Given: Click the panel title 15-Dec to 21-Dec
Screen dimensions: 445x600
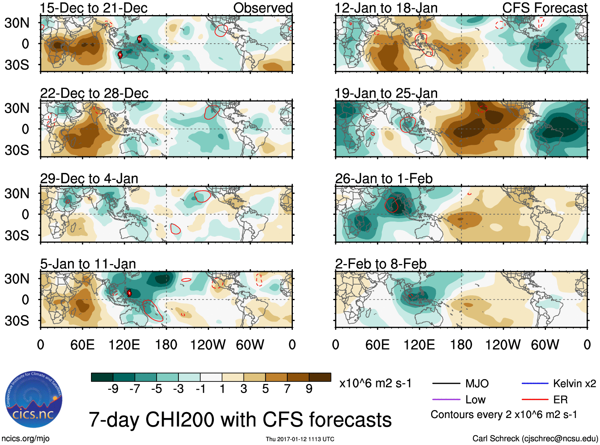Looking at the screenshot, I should point(94,8).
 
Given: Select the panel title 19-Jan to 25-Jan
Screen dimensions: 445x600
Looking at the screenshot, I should point(386,93).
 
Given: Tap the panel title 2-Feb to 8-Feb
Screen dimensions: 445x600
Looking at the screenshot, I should point(381,264).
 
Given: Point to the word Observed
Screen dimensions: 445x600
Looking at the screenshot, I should point(263,8).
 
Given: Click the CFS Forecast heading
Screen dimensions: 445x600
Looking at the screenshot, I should point(544,8).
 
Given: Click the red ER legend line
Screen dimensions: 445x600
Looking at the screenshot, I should point(535,399).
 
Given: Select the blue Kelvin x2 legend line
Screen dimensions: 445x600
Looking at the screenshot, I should point(535,383).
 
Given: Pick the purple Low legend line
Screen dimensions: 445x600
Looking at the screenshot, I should point(446,399).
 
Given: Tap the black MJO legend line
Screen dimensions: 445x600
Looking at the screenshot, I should point(446,383).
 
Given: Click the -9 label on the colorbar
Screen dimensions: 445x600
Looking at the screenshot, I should point(113,389).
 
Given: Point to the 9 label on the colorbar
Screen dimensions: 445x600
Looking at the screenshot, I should point(309,389).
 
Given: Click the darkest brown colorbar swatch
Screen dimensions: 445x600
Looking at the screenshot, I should point(320,377).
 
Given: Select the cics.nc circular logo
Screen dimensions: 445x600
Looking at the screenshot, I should point(34,400).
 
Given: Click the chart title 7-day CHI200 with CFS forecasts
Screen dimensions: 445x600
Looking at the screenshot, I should point(240,420).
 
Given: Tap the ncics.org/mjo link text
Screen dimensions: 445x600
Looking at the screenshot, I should point(25,439).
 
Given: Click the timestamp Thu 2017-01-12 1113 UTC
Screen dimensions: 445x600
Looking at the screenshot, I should point(300,439).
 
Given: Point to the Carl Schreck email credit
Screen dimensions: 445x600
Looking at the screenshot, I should point(535,439).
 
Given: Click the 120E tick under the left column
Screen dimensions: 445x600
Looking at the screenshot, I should point(124,345).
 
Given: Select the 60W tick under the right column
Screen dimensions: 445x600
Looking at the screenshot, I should point(545,345).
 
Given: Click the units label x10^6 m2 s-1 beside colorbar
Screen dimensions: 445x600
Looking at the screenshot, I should point(375,383).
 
